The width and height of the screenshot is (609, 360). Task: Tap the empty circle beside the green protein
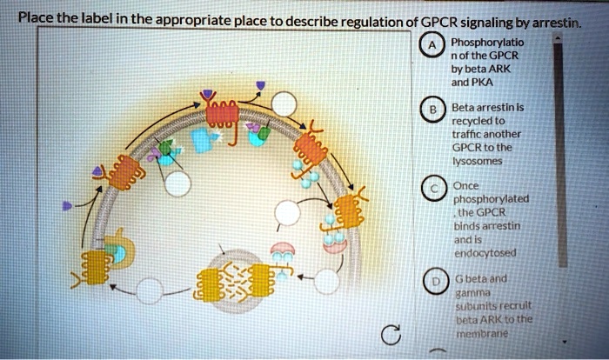(x=178, y=183)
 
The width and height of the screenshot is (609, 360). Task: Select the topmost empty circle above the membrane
(x=284, y=103)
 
